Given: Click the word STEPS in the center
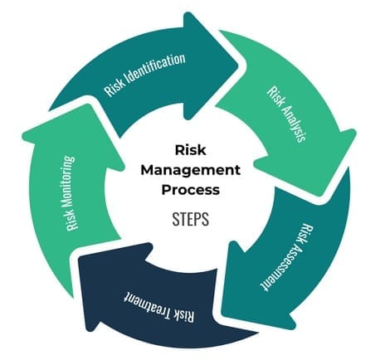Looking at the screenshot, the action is [191, 220].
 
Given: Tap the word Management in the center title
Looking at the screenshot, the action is [191, 170].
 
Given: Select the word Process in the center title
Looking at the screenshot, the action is [191, 190].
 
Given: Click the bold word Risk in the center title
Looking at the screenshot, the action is [191, 150].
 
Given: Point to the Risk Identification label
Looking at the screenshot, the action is [144, 74].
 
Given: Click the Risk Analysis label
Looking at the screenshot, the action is [286, 114].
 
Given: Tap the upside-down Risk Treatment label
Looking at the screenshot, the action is [158, 306].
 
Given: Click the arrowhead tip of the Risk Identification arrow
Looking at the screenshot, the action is [237, 66].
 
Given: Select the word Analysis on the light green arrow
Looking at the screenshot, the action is [292, 123].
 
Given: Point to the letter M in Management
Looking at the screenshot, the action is [147, 170].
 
